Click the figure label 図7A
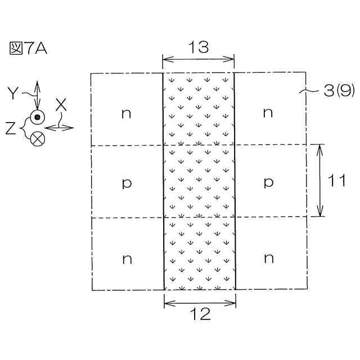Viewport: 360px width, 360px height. pos(28,48)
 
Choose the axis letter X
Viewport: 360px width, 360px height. pos(61,104)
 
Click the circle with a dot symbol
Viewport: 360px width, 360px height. pos(38,117)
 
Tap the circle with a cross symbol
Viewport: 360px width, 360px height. pos(38,138)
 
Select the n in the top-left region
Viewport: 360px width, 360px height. pos(127,113)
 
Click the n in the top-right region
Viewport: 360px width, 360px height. pos(268,113)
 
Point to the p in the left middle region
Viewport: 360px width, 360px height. pos(127,183)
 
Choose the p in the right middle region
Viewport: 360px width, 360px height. pos(268,183)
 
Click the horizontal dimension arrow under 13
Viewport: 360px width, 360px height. pos(198,59)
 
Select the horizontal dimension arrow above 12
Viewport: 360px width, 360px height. pos(200,303)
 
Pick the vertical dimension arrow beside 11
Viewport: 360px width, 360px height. pos(320,181)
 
